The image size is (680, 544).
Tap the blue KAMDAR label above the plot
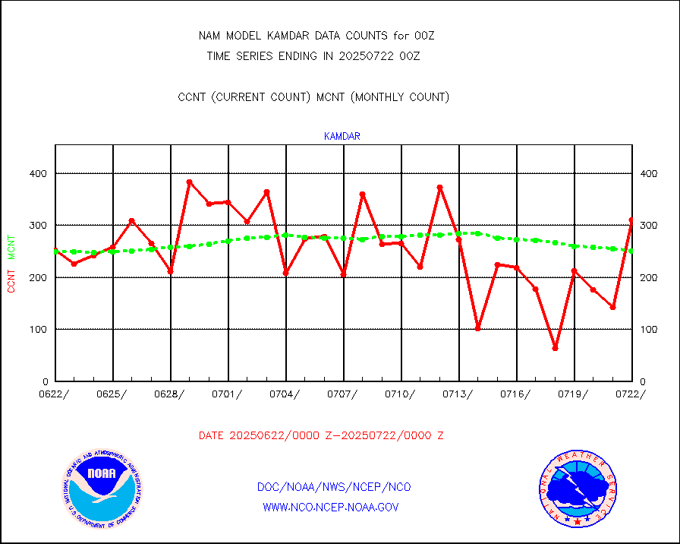[342, 137]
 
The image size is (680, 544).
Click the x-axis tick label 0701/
[228, 394]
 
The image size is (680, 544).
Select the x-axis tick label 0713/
[458, 394]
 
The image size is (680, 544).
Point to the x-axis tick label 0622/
[55, 394]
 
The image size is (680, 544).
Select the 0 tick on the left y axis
[45, 381]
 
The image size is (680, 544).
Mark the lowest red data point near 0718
[555, 348]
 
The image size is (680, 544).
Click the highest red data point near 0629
[189, 182]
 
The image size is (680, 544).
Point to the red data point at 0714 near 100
[477, 328]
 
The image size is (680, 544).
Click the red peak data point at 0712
[439, 187]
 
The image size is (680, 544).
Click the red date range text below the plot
[321, 436]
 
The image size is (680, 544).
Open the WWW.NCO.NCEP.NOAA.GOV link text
[330, 507]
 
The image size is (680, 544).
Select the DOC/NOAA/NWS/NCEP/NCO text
[334, 487]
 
